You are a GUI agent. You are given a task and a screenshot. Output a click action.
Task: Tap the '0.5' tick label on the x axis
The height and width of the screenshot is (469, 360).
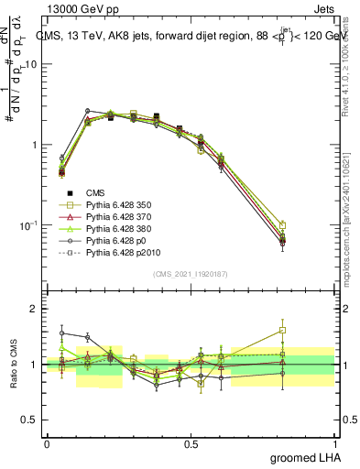(x=191, y=443)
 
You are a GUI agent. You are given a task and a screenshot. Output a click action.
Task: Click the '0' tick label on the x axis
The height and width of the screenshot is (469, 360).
(x=47, y=443)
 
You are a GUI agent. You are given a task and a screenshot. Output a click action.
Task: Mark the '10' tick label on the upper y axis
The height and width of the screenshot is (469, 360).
(x=30, y=64)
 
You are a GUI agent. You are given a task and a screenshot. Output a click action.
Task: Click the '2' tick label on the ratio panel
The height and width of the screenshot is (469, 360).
(x=34, y=309)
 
